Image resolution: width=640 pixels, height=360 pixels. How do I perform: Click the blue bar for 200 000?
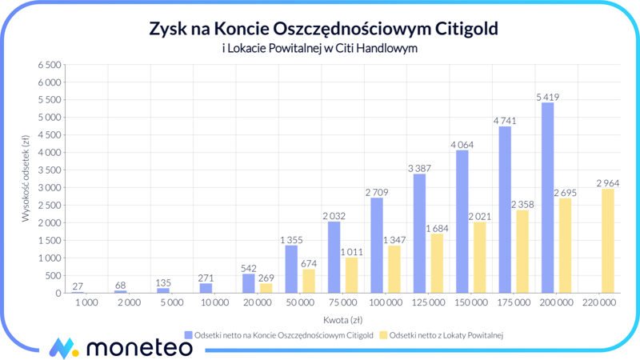click(x=547, y=198)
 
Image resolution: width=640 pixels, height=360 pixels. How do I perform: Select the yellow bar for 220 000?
click(x=608, y=241)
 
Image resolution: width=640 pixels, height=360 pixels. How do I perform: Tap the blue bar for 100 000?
click(x=377, y=245)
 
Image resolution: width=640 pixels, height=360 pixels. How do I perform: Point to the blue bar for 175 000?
click(x=505, y=210)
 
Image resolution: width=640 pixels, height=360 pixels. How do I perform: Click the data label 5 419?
click(x=548, y=98)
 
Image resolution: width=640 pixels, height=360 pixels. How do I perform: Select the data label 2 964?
click(x=608, y=183)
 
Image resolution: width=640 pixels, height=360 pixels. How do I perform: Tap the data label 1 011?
click(x=352, y=252)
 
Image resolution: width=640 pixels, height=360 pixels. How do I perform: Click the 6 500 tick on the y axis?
click(x=49, y=65)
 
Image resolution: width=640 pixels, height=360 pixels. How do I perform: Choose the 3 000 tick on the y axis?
click(x=49, y=187)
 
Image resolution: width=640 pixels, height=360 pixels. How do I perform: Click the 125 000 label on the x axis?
click(x=428, y=302)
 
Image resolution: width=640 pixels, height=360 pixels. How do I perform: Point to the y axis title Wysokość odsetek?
click(x=26, y=178)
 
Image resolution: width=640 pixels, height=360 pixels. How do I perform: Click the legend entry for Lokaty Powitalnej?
click(x=441, y=335)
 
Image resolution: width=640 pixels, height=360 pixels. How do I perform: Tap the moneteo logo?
click(x=120, y=347)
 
